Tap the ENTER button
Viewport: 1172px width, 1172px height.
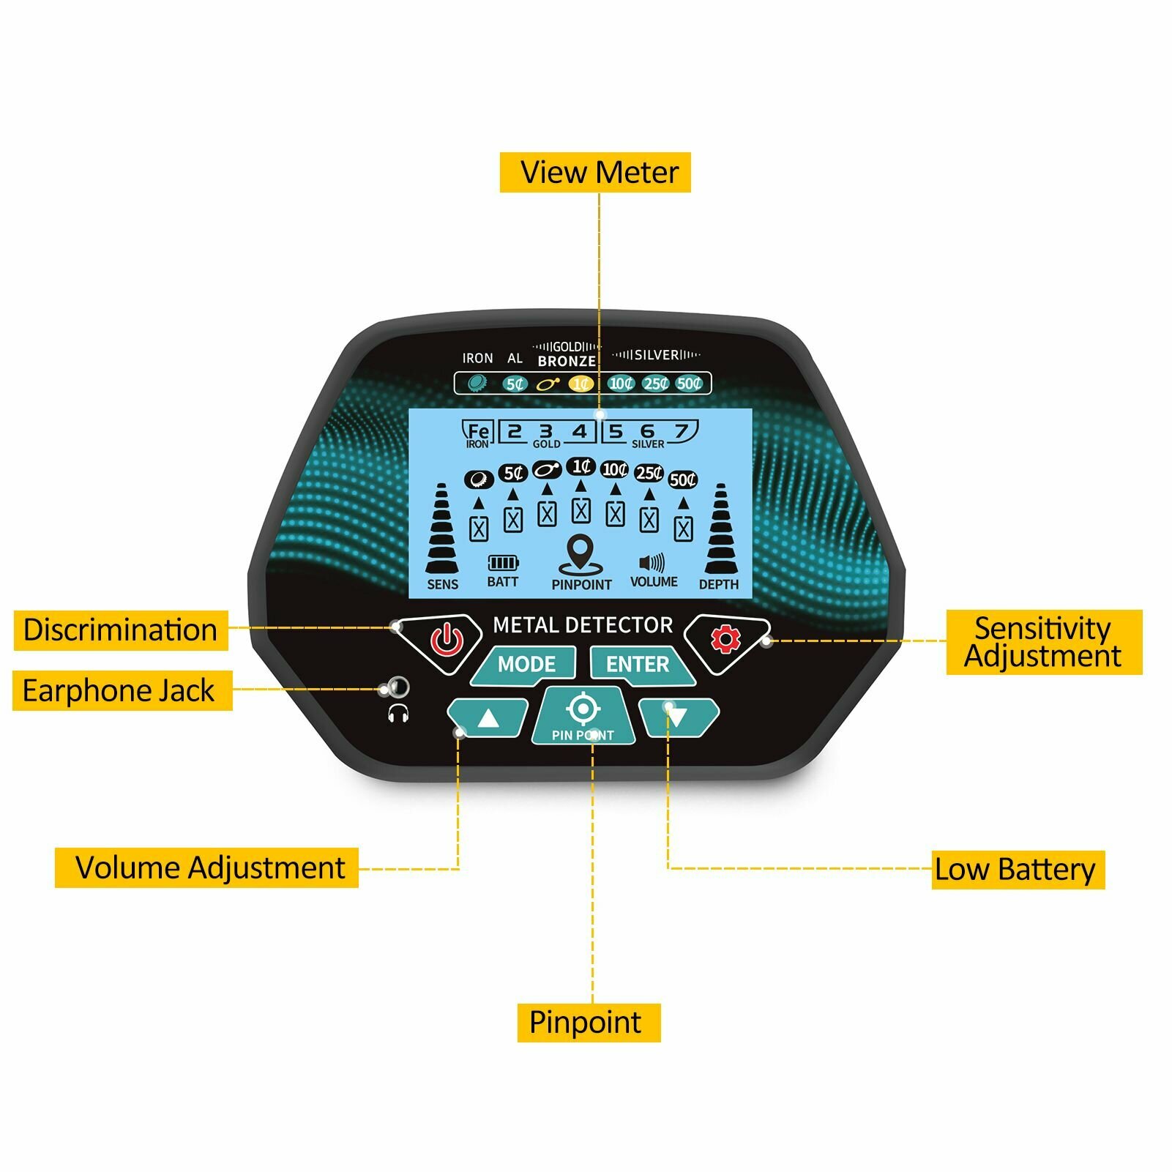(641, 665)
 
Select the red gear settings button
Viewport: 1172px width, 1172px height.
(726, 641)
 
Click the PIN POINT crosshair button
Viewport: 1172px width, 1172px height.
(583, 715)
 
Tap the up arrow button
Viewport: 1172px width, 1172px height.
(488, 718)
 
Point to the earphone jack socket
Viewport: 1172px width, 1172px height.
(398, 687)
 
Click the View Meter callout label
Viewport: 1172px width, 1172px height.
(595, 173)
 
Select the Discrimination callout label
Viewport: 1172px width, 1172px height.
(121, 630)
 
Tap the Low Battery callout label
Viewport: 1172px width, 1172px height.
(1018, 870)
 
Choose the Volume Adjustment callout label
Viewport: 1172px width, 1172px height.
(206, 868)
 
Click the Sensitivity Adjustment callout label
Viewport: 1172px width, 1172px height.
(1044, 642)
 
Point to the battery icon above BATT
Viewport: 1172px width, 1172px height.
(503, 562)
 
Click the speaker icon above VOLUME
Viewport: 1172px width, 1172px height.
(652, 562)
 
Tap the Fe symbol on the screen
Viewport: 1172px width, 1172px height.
(478, 431)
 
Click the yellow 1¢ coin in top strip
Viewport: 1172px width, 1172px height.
(581, 384)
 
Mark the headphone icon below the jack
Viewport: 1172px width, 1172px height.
(398, 713)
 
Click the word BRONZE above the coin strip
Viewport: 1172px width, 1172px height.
(567, 361)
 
